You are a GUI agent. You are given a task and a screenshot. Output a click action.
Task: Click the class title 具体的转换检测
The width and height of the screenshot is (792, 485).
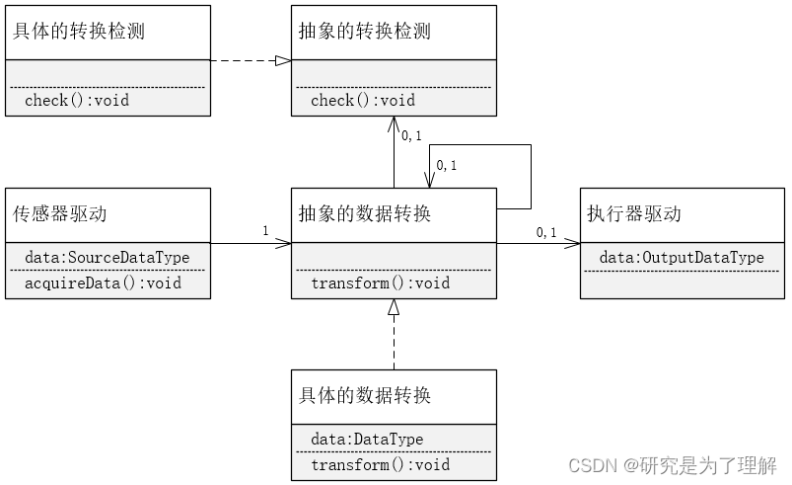click(79, 32)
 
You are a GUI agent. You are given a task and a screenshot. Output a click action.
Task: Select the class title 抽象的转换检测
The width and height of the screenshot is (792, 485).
click(365, 32)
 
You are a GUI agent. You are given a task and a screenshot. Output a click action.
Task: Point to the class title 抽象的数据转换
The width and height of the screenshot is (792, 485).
click(365, 213)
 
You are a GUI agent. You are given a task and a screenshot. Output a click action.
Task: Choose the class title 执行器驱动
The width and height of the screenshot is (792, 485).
click(634, 213)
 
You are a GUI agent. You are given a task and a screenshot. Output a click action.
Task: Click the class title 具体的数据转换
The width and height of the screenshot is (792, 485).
click(365, 396)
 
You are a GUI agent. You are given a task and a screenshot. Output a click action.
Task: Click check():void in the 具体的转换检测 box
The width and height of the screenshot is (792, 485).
click(77, 100)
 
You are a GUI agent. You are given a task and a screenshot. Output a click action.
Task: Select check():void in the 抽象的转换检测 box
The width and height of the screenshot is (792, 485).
click(363, 100)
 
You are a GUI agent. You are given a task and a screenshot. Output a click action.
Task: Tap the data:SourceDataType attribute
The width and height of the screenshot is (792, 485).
click(108, 258)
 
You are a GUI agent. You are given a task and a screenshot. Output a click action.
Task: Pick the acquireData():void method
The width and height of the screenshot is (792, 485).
click(104, 283)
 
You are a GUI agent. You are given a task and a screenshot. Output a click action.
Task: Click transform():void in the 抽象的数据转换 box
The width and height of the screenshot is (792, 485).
click(380, 283)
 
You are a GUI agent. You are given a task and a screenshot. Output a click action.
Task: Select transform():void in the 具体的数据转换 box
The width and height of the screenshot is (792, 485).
click(380, 465)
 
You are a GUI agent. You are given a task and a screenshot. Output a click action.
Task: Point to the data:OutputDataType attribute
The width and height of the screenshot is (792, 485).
click(682, 258)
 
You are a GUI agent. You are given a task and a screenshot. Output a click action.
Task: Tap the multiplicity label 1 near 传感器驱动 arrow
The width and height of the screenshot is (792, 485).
click(265, 231)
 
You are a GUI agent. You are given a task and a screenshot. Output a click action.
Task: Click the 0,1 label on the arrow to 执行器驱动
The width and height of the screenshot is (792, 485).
click(546, 232)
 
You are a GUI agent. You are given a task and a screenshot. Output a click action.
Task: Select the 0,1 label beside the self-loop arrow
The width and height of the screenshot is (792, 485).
click(447, 165)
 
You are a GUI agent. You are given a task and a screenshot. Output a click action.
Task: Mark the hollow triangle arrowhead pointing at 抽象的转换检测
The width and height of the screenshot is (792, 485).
click(283, 60)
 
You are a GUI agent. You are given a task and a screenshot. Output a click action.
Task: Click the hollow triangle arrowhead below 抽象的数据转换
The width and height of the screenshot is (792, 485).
click(394, 307)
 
